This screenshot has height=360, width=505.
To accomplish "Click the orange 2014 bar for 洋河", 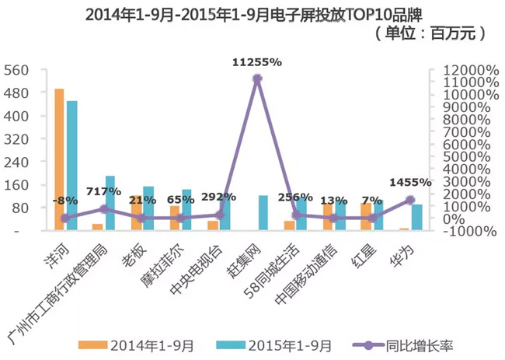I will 59,159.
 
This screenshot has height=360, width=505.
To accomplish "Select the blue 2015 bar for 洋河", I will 72,165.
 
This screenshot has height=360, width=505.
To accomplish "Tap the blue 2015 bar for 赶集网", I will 263,212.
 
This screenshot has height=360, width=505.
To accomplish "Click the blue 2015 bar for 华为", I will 417,217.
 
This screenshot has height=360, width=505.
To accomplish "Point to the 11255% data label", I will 257,61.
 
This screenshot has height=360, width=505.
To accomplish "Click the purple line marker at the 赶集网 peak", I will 257,78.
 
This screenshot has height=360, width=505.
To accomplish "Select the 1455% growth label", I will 409,182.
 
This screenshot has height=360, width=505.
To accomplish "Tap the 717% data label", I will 104,191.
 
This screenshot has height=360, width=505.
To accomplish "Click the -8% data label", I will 65,200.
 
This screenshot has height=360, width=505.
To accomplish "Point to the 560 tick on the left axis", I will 16,70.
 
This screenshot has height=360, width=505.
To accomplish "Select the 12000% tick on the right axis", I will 468,70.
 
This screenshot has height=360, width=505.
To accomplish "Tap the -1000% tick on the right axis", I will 468,231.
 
